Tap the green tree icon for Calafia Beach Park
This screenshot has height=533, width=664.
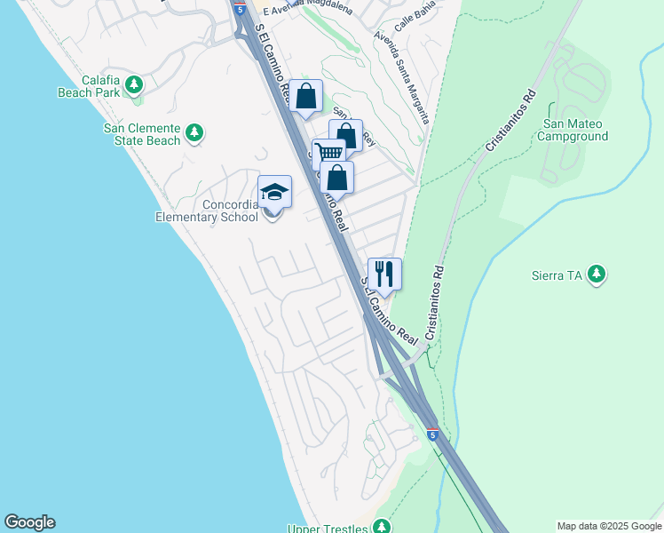pyautogui.click(x=134, y=85)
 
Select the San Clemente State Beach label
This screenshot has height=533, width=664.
pyautogui.click(x=142, y=134)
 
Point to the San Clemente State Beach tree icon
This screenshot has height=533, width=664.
pyautogui.click(x=194, y=134)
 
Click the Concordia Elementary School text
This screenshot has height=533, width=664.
pyautogui.click(x=205, y=211)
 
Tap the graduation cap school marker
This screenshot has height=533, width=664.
pyautogui.click(x=274, y=192)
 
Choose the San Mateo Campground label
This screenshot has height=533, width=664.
pyautogui.click(x=575, y=130)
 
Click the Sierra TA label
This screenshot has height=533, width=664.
pyautogui.click(x=557, y=275)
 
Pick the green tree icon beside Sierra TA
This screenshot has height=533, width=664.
pyautogui.click(x=597, y=274)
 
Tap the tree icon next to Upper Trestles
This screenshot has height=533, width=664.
pyautogui.click(x=381, y=527)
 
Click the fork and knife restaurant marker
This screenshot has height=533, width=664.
pyautogui.click(x=383, y=273)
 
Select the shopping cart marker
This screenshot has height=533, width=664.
pyautogui.click(x=328, y=153)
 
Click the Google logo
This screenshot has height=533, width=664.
pyautogui.click(x=29, y=522)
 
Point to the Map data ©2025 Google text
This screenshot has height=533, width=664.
pyautogui.click(x=609, y=526)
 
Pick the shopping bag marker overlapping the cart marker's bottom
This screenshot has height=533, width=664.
pyautogui.click(x=337, y=176)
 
